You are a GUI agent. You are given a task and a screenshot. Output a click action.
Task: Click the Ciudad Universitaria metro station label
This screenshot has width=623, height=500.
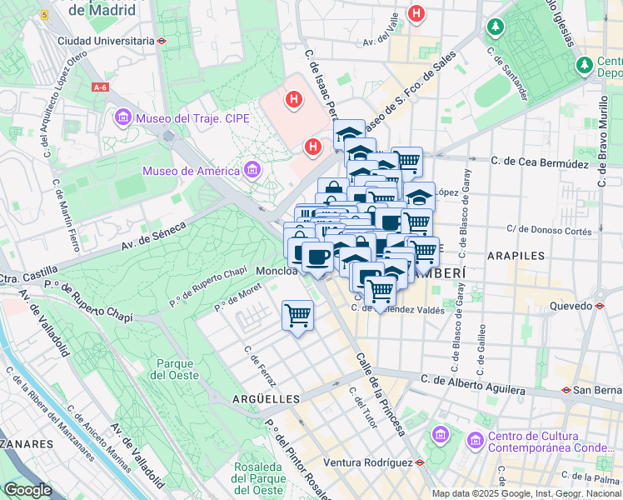(106, 40)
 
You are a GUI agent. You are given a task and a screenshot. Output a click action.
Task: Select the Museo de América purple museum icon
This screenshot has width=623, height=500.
(252, 171)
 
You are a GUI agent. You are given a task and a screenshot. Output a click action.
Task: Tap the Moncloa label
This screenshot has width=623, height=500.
(277, 271)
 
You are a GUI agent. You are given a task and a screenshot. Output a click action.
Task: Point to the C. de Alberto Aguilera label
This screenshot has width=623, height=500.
(473, 385)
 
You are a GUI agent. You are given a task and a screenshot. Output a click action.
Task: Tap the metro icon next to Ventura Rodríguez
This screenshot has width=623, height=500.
(421, 462)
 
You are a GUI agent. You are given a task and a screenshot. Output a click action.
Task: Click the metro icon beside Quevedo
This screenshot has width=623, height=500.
(600, 306)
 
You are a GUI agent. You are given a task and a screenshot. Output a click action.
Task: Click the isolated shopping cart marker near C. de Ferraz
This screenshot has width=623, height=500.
(297, 316)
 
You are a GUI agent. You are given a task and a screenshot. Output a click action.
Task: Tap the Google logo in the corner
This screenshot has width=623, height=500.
(27, 490)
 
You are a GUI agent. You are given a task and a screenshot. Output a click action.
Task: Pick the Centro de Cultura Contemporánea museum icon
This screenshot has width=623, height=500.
(475, 438)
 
